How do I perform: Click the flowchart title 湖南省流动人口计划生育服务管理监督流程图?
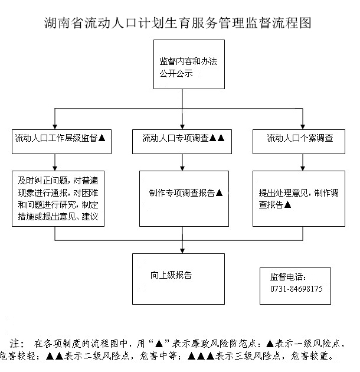click(x=178, y=23)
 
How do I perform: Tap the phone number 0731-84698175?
click(x=296, y=289)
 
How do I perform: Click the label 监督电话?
click(x=288, y=276)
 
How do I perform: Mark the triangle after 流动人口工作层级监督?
click(x=102, y=138)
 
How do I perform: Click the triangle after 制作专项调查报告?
click(x=220, y=192)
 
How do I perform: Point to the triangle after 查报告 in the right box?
click(x=287, y=204)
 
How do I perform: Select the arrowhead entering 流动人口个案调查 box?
click(x=303, y=127)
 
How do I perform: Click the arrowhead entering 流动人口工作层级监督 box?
click(x=55, y=127)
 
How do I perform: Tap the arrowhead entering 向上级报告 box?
click(x=182, y=251)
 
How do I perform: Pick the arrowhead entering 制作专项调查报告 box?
click(x=182, y=168)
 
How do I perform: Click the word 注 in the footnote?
click(x=15, y=343)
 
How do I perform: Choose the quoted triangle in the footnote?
click(x=159, y=343)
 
